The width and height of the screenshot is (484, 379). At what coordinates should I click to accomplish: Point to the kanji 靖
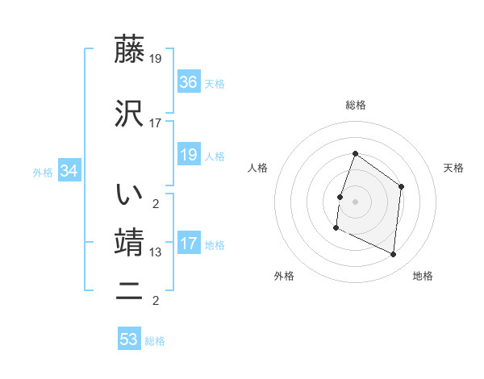tap(130, 243)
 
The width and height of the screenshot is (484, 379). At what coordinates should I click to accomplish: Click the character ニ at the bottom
tap(130, 292)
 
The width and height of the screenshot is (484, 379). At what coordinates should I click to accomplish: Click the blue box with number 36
tap(189, 82)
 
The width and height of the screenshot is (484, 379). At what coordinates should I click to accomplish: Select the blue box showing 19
tap(189, 155)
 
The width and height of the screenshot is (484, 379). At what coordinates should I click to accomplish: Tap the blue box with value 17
tap(189, 244)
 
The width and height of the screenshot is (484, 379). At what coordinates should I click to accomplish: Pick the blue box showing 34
tap(69, 171)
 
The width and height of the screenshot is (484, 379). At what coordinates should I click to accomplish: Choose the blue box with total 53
tap(129, 339)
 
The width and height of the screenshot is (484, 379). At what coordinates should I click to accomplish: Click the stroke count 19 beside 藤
tap(156, 59)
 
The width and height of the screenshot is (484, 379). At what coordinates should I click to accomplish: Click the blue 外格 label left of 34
tap(43, 172)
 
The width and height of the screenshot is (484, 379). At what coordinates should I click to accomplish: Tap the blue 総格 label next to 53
tap(155, 341)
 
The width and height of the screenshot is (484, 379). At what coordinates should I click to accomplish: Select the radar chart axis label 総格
tap(355, 105)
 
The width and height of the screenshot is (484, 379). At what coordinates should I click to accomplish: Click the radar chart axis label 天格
tap(453, 168)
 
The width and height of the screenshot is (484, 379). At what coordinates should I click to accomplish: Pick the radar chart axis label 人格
tap(257, 168)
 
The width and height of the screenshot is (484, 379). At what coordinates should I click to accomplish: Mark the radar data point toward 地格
tap(394, 255)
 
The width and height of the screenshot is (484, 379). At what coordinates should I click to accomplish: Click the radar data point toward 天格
tap(402, 187)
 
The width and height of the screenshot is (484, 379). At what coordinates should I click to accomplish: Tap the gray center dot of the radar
tap(355, 201)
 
